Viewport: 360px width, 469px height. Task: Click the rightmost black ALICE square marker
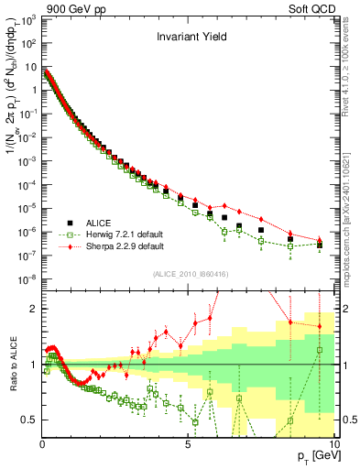[320, 245]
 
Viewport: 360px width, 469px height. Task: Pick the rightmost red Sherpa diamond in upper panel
[320, 240]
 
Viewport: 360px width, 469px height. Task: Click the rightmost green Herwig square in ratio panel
[320, 350]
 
